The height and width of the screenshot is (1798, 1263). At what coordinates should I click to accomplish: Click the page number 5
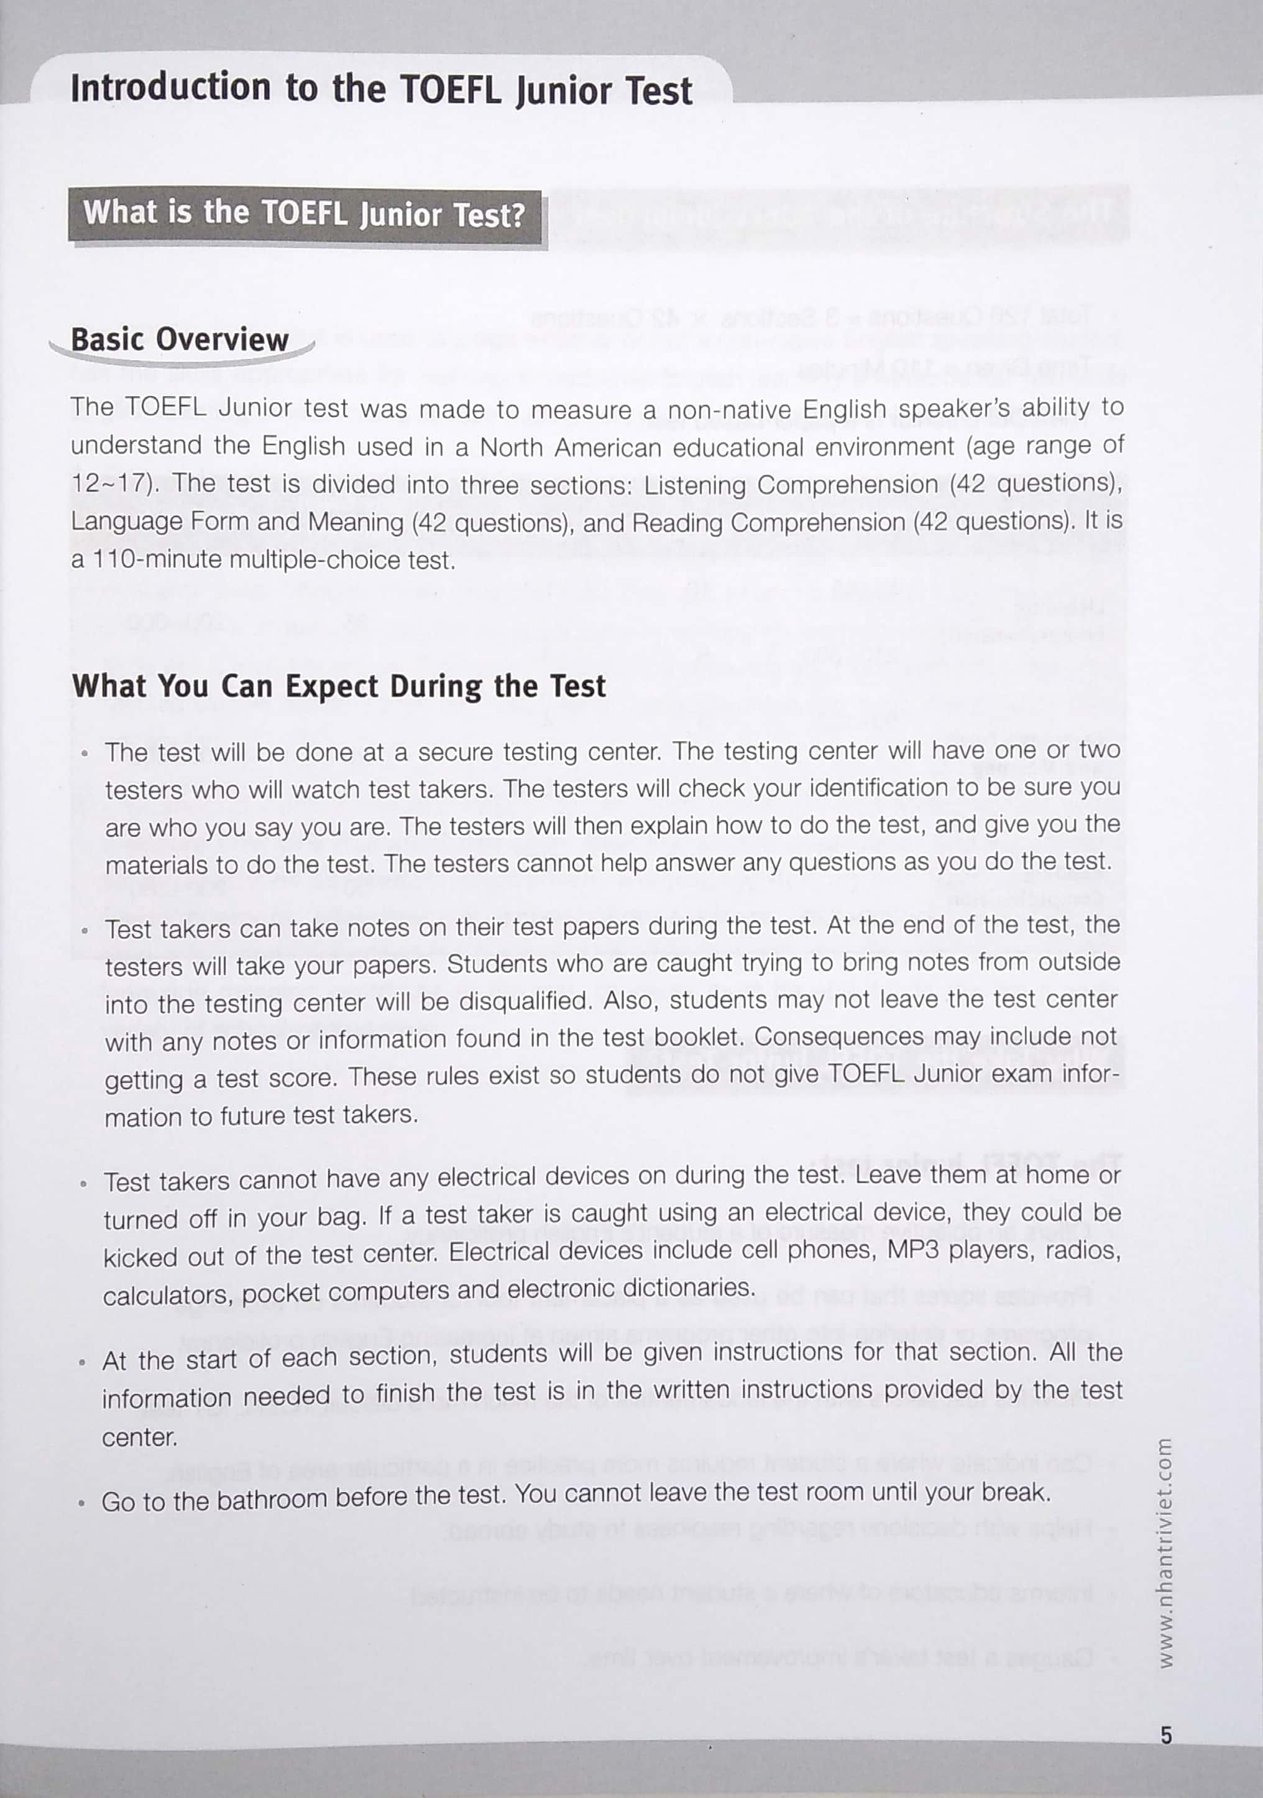click(1166, 1735)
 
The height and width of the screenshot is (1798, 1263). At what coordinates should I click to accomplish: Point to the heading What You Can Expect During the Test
click(338, 686)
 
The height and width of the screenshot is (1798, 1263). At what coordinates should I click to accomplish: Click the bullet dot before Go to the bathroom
click(81, 1503)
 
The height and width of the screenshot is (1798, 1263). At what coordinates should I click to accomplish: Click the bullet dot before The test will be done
click(85, 754)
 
